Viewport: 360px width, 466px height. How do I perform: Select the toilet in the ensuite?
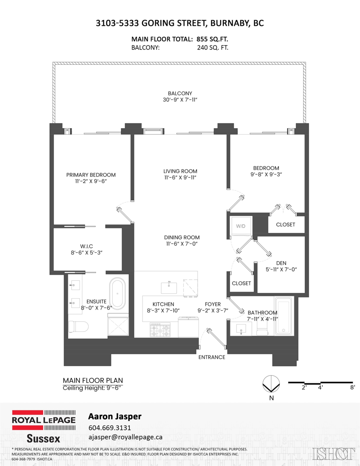[x=77, y=327]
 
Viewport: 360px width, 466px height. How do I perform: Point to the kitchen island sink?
[x=169, y=288]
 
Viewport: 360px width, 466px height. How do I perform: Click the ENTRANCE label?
[x=212, y=357]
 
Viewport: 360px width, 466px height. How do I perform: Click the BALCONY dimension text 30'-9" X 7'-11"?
[x=180, y=100]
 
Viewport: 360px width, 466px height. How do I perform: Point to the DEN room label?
[x=281, y=263]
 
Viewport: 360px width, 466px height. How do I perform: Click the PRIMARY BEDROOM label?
[x=91, y=175]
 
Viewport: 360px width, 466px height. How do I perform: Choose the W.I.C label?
[x=86, y=245]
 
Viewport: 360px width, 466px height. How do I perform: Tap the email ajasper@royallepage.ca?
[x=125, y=437]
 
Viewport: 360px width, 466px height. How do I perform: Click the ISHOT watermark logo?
[x=336, y=453]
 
